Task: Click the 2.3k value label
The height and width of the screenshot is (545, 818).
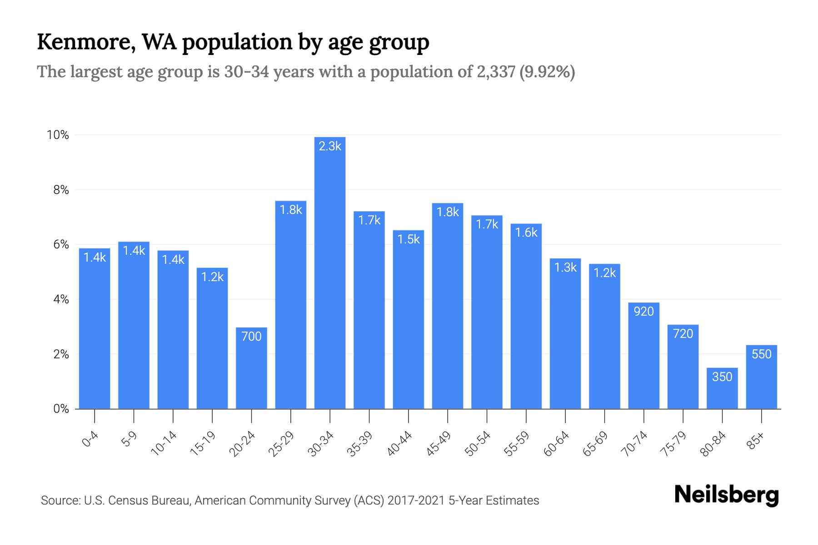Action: [x=330, y=146]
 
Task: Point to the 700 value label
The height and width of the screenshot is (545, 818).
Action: [x=251, y=337]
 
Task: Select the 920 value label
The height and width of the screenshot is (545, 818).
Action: [x=643, y=312]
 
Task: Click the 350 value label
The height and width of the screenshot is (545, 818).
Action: [x=722, y=377]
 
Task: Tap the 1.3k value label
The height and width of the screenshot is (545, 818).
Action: [x=565, y=268]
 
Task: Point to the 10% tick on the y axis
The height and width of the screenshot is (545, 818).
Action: [x=58, y=135]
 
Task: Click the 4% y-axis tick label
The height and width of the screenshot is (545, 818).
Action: [x=61, y=299]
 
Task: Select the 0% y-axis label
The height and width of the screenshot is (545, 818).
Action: [x=61, y=409]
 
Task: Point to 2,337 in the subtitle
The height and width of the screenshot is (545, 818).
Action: [x=496, y=72]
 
